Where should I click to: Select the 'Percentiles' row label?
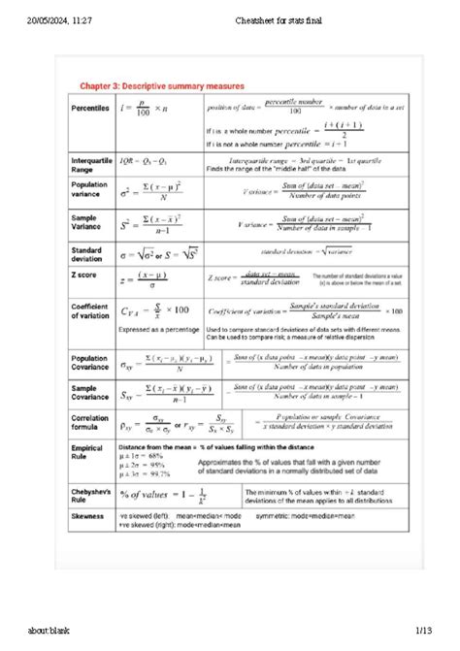(x=90, y=109)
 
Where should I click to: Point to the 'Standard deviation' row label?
(x=87, y=254)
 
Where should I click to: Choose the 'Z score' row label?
(x=84, y=276)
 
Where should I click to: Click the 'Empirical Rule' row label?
(x=86, y=452)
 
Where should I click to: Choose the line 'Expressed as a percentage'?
(x=160, y=330)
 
